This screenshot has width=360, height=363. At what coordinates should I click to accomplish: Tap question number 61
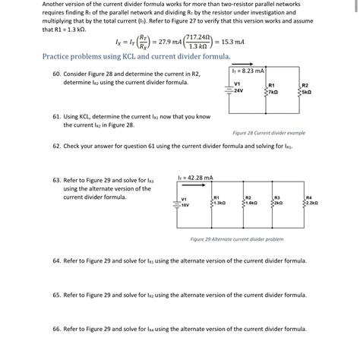tap(55, 118)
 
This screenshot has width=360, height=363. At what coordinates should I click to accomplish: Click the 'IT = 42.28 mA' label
tap(195, 178)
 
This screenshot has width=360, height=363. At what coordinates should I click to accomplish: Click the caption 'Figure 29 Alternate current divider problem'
tap(236, 238)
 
